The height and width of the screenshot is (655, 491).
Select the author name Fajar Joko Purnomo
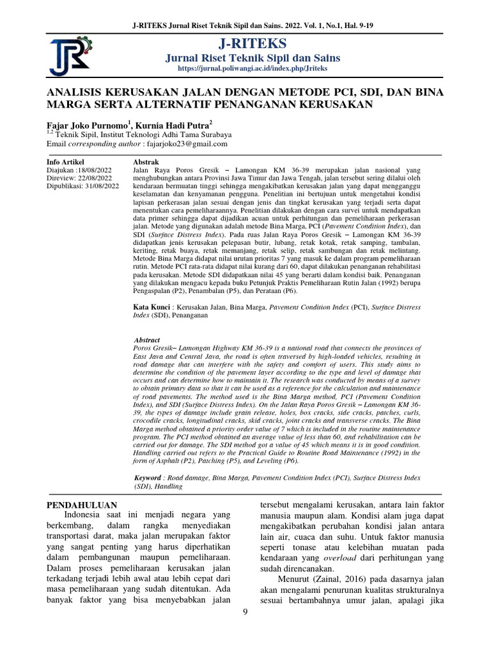point(88,125)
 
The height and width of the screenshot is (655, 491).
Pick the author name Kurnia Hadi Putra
point(173,125)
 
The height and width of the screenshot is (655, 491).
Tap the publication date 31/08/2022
point(100,185)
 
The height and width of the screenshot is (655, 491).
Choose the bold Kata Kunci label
point(152,308)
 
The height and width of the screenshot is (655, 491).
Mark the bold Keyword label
point(148,478)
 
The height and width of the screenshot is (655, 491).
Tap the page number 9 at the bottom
point(245,613)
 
